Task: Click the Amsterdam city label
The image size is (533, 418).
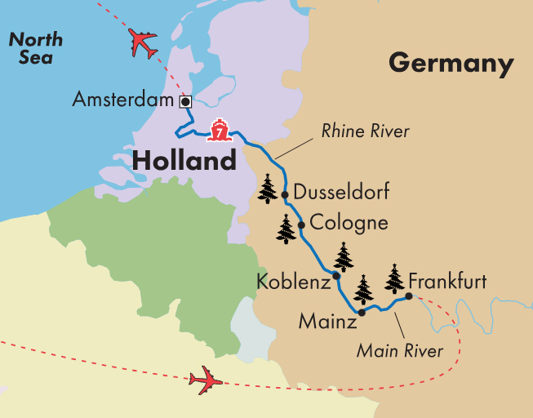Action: [124, 100]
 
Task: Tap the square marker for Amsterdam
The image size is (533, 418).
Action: [185, 101]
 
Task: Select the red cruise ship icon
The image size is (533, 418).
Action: [219, 130]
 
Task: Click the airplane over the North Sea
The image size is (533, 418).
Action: [143, 43]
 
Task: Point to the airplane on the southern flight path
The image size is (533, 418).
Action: [205, 380]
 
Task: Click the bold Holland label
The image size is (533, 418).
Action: [184, 161]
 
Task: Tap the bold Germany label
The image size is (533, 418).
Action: [451, 63]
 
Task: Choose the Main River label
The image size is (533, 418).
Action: [400, 352]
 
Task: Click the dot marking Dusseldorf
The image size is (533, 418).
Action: [285, 194]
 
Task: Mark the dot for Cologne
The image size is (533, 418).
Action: [301, 225]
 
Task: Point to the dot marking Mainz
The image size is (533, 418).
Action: [362, 312]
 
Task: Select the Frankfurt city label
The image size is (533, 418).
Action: [447, 282]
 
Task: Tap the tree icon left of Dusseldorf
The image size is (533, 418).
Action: [268, 189]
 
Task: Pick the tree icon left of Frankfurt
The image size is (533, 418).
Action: [395, 279]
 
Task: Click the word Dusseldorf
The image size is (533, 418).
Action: [340, 193]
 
